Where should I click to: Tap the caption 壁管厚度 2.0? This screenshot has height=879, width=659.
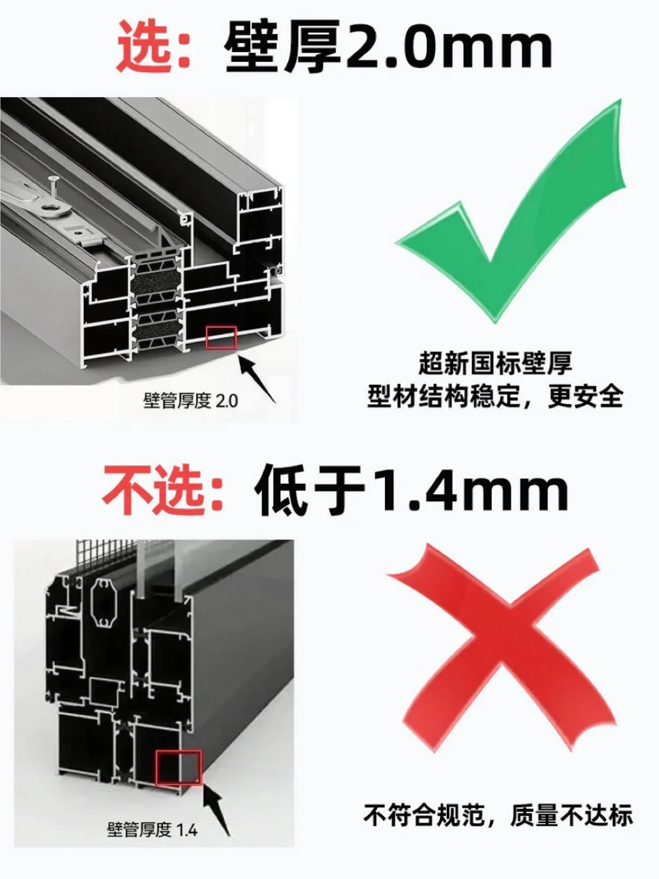[x=190, y=401]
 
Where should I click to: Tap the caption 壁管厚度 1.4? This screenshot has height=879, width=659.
[x=153, y=829]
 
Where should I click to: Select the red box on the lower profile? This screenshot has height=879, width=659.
[x=178, y=767]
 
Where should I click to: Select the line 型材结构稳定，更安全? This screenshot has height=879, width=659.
[x=495, y=395]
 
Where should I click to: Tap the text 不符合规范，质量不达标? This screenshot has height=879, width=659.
[x=498, y=815]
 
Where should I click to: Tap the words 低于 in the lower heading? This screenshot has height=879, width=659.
[x=310, y=491]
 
